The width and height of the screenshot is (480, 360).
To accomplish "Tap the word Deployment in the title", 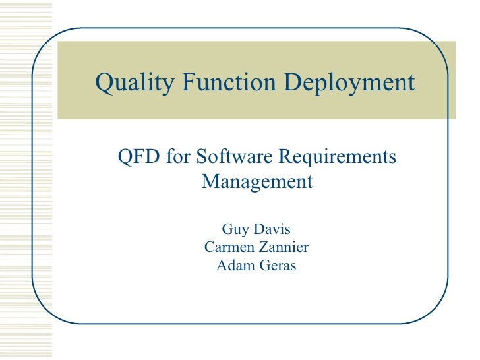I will [349, 83].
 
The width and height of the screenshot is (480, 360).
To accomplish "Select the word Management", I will [256, 181].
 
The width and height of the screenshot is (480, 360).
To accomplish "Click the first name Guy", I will [235, 229].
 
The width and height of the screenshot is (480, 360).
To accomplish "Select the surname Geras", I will [276, 266].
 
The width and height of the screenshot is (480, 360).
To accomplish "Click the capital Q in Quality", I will [103, 83].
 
